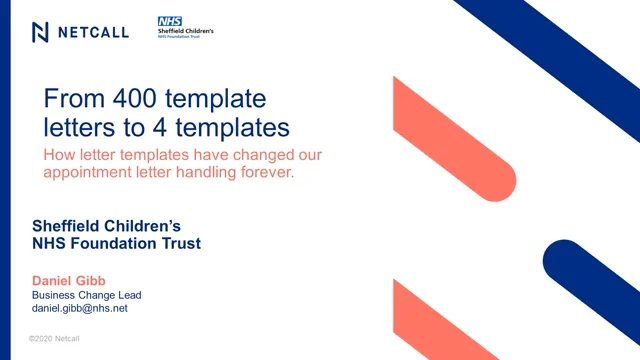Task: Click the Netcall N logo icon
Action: (x=41, y=32)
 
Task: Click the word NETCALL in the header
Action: (x=93, y=32)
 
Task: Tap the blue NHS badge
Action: (x=169, y=21)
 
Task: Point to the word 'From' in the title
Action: (x=72, y=99)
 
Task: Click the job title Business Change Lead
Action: (x=87, y=294)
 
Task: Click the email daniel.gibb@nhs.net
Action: (x=80, y=308)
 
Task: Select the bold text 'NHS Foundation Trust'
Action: (x=116, y=243)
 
